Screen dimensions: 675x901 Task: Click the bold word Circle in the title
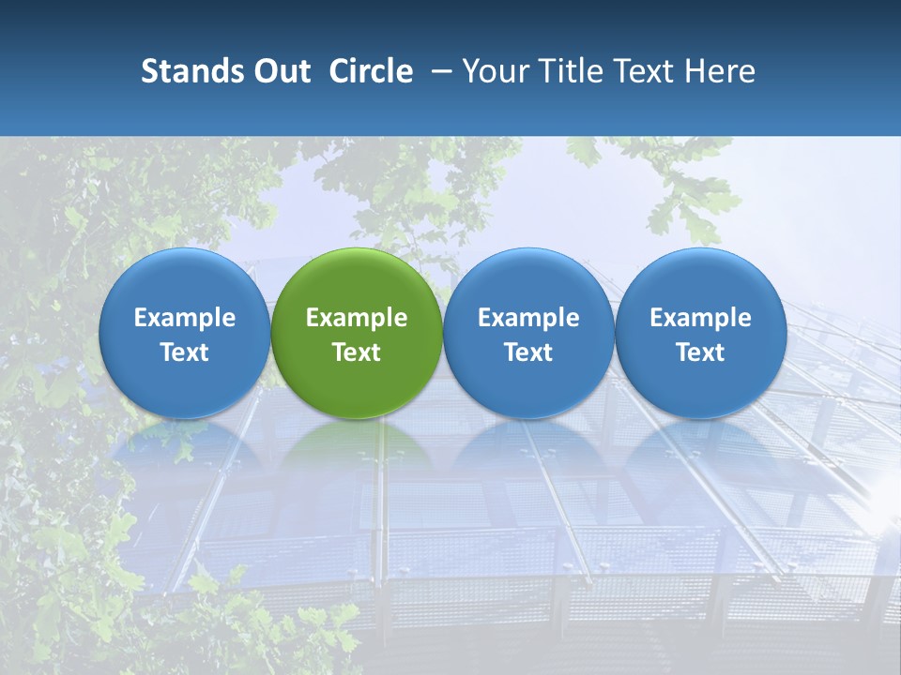point(371,71)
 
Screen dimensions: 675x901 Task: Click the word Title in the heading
point(563,71)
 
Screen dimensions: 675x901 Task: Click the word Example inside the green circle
point(357,318)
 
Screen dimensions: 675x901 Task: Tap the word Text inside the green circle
point(357,352)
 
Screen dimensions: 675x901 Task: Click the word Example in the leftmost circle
point(184,318)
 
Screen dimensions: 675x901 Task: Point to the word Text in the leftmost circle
point(184,352)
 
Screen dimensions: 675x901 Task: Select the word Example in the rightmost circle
point(700,318)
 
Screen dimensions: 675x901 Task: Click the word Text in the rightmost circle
point(700,352)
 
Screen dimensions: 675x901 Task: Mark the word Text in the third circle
point(528,352)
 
